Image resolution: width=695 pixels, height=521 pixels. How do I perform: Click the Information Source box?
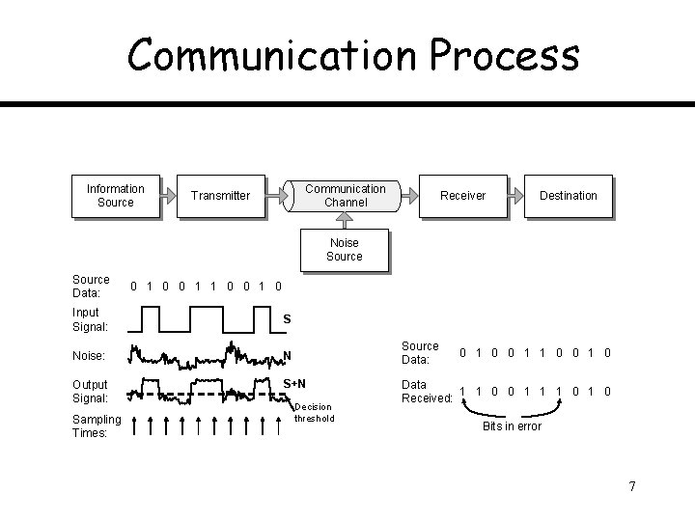(x=115, y=195)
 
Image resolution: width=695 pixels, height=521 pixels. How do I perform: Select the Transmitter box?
(x=220, y=196)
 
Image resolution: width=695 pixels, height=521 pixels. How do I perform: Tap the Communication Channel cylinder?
(x=345, y=196)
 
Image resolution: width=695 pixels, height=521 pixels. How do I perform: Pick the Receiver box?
(x=462, y=196)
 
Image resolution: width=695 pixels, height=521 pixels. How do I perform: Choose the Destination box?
(x=568, y=196)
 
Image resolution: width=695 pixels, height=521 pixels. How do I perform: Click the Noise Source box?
(x=344, y=250)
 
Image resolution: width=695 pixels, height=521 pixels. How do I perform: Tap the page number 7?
(x=631, y=486)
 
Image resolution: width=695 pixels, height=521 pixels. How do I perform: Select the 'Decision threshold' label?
(x=315, y=413)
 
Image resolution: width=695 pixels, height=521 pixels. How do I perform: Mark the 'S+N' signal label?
(x=294, y=385)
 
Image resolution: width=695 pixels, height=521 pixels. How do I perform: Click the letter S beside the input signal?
(x=287, y=319)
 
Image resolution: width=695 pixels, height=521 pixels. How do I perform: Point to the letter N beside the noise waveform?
(x=287, y=356)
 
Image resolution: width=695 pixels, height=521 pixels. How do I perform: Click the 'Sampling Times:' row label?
(x=97, y=425)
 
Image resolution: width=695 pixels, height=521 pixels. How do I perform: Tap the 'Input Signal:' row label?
(x=90, y=319)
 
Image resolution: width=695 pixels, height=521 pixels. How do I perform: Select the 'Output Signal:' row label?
(x=90, y=391)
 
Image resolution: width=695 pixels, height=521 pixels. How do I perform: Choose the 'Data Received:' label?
(x=427, y=391)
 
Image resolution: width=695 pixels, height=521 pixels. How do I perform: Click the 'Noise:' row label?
(x=88, y=356)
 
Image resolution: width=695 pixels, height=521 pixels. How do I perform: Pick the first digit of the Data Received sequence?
(x=462, y=391)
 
